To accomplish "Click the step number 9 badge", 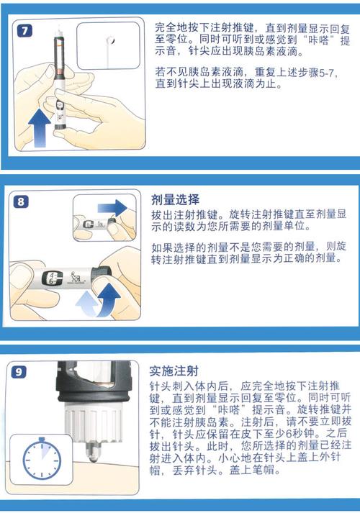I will (x=21, y=371).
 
